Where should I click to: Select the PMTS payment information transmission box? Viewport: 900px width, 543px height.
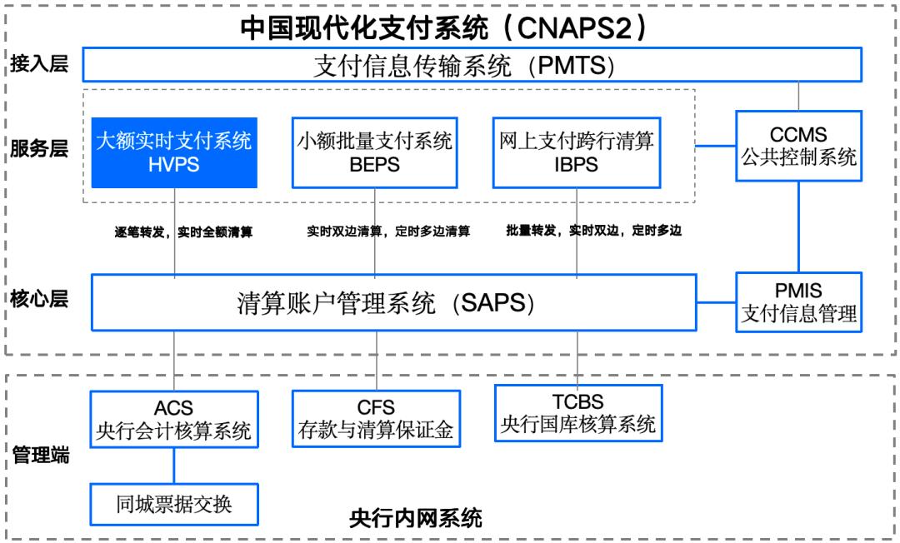[471, 65]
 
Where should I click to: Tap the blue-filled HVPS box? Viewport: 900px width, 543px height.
[174, 152]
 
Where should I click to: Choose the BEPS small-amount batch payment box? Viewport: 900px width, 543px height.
[374, 152]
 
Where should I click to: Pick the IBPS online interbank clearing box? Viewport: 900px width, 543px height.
[576, 152]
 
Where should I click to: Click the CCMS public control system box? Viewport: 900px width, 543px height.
[799, 146]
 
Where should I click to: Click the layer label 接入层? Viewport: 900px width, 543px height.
[39, 64]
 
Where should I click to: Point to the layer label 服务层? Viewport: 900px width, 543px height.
[39, 148]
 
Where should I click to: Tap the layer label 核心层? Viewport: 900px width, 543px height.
[39, 298]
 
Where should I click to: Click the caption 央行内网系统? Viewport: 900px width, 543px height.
[415, 518]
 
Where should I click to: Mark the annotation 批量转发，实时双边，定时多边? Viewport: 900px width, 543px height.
[593, 231]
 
